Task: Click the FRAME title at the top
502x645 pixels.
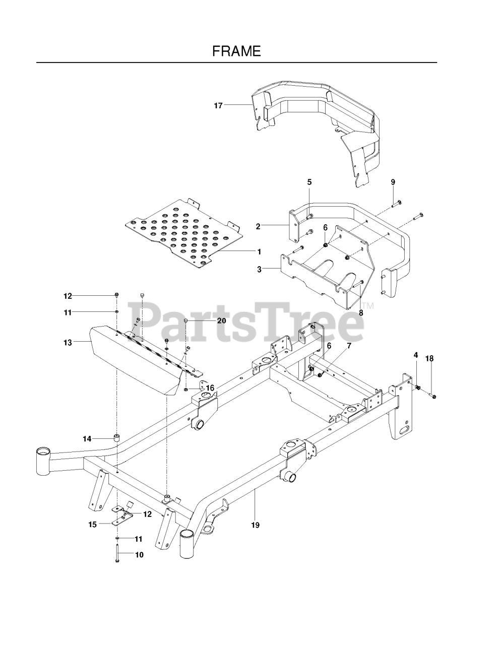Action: pos(236,51)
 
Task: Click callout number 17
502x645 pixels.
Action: pos(218,105)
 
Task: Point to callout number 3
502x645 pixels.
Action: pos(259,270)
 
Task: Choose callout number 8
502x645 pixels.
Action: pos(360,312)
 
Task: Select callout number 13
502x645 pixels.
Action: pos(68,342)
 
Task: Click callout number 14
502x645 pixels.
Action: pos(87,439)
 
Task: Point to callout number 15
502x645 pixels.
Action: pos(92,524)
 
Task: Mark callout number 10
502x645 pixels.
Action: pos(139,555)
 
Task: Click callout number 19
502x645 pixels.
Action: pos(255,525)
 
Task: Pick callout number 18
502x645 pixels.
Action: pos(429,358)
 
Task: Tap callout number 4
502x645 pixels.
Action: pos(416,355)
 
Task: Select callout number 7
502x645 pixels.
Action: pos(349,346)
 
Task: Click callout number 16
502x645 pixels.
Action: pos(210,388)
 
